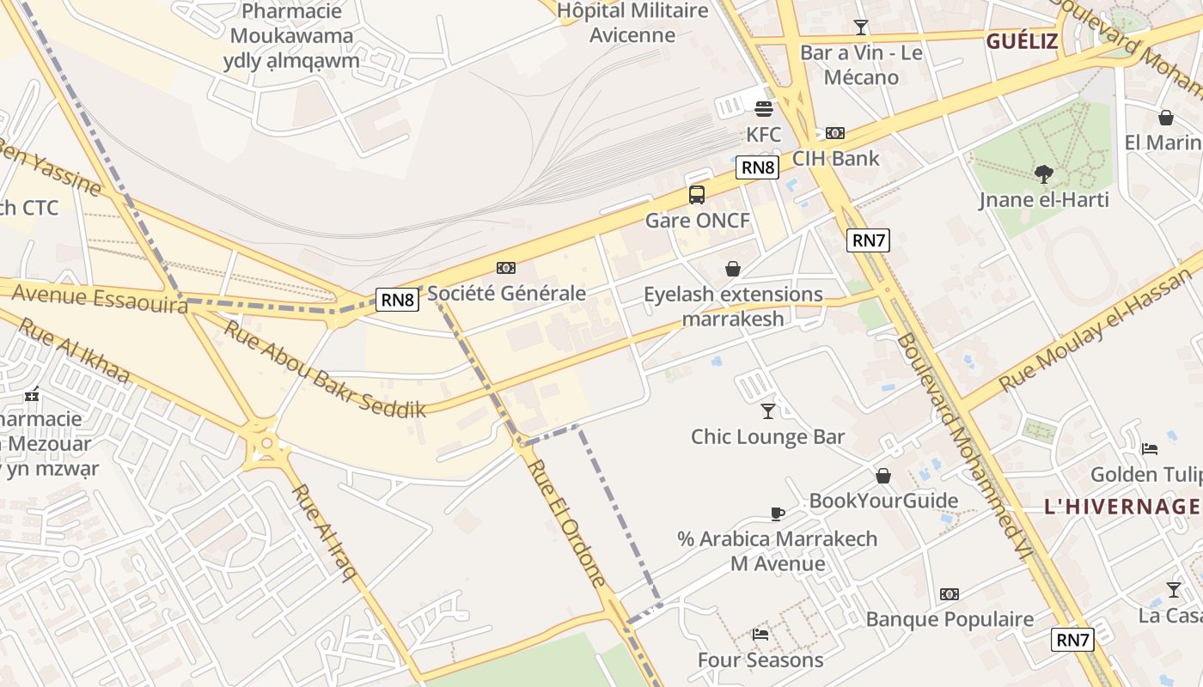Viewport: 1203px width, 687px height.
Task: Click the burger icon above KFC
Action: click(763, 108)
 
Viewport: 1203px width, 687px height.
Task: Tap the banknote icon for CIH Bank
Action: click(834, 133)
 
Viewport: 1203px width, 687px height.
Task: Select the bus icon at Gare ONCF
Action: click(697, 195)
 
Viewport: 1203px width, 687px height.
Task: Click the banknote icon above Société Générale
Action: click(506, 268)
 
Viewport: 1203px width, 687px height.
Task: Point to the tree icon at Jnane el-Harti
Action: click(1044, 175)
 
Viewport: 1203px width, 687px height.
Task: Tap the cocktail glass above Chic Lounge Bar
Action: click(768, 411)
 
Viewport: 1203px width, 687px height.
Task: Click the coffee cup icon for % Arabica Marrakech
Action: click(778, 514)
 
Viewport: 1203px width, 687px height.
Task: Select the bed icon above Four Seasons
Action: click(760, 635)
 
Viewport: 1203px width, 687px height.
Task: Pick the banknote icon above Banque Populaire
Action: click(949, 594)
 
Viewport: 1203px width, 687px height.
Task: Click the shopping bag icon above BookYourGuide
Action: click(883, 476)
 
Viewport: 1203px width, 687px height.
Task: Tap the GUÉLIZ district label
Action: click(1022, 41)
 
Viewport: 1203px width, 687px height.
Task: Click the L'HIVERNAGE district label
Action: click(1121, 507)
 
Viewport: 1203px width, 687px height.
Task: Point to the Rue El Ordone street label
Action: click(566, 523)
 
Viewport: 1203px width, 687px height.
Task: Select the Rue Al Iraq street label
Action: click(324, 532)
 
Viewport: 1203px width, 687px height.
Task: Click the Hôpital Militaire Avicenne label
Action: click(632, 23)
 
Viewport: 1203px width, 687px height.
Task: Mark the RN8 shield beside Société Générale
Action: click(399, 300)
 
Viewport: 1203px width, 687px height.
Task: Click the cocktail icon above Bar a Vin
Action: click(860, 27)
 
